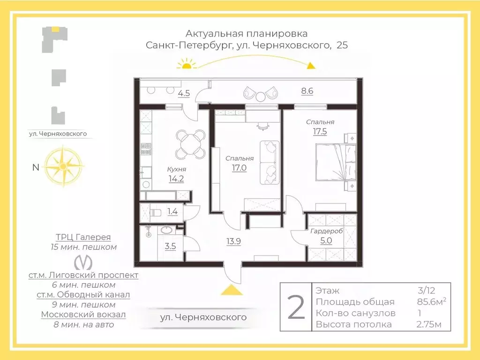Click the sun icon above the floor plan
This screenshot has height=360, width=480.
pyautogui.click(x=187, y=64)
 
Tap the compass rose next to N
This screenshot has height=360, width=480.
pyautogui.click(x=62, y=166)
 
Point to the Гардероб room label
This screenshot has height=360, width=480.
pyautogui.click(x=327, y=232)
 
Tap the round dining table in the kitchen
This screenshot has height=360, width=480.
pyautogui.click(x=191, y=144)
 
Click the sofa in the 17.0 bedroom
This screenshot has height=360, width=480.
pyautogui.click(x=269, y=162)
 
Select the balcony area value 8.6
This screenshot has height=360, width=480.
pyautogui.click(x=307, y=91)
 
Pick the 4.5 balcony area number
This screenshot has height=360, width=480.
pyautogui.click(x=184, y=93)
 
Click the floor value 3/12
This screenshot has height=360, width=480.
pyautogui.click(x=426, y=291)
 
